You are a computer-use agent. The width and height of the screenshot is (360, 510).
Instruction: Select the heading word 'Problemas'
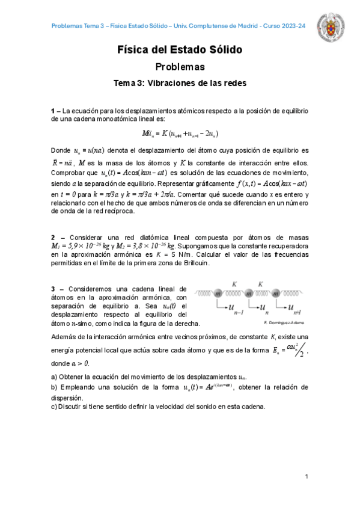[x=180, y=67]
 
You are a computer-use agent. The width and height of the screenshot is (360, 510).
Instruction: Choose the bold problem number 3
[x=53, y=289]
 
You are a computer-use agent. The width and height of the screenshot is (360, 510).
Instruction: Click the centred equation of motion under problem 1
[x=180, y=134]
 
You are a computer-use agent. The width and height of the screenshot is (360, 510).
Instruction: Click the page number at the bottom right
[x=307, y=476]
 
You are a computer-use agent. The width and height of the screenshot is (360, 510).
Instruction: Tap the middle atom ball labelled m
[x=248, y=293]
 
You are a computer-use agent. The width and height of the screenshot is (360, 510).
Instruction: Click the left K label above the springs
[x=233, y=282]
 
